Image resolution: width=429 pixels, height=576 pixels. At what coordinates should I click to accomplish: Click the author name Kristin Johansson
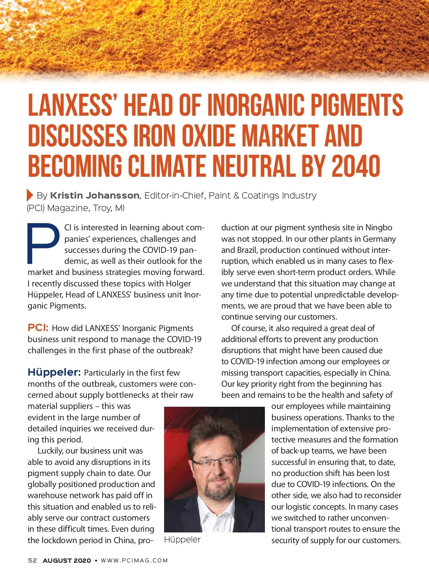click(95, 196)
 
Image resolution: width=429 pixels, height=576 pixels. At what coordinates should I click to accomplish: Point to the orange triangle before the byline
click(30, 195)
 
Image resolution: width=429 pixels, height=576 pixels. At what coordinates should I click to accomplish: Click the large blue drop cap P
click(43, 243)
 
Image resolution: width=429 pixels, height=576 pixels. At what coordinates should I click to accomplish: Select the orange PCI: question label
click(38, 328)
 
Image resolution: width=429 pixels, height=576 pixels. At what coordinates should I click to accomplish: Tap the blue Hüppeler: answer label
click(54, 372)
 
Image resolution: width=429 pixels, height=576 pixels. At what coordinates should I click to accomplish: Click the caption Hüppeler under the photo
click(182, 540)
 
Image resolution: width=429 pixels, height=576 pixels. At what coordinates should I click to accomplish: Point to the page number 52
click(33, 561)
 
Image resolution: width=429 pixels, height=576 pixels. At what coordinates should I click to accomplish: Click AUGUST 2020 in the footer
click(67, 561)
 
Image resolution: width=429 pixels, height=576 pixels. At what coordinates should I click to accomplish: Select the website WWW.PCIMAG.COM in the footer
click(134, 561)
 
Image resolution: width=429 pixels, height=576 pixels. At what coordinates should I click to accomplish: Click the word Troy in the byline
click(101, 208)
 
